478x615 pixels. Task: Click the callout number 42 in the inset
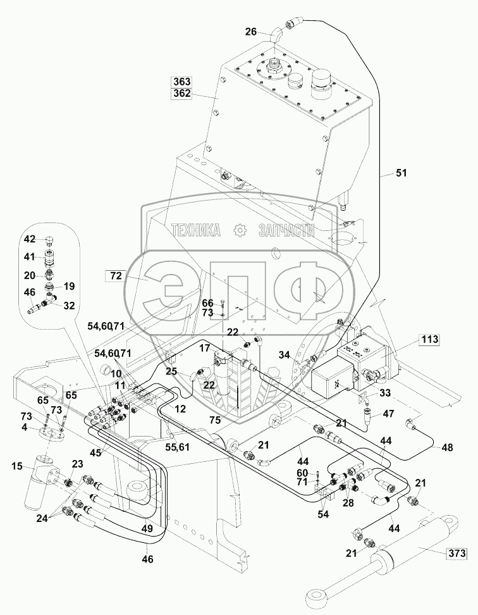pos(30,239)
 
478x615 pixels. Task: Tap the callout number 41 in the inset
pos(30,257)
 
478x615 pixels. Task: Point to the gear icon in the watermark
pos(240,230)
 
